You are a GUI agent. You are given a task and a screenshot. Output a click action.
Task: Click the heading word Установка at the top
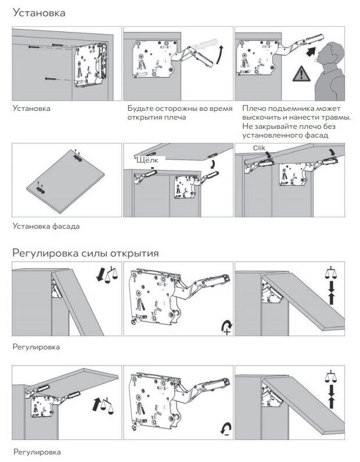[38, 13]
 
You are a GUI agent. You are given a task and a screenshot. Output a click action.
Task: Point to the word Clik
[260, 149]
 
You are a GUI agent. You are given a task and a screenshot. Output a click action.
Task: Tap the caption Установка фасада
[46, 226]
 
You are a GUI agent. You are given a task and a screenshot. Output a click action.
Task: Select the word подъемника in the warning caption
[286, 109]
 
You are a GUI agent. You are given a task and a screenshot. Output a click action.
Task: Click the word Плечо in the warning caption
[253, 109]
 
